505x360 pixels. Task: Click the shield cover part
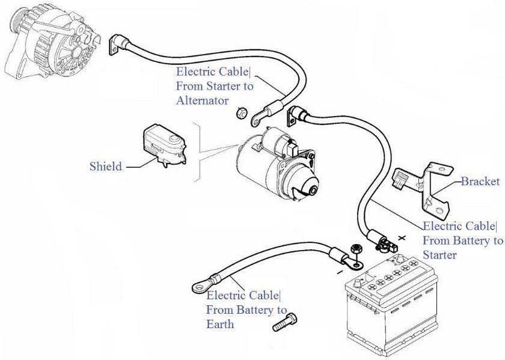coord(165,145)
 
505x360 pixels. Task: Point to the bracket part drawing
coord(423,189)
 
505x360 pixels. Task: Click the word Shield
coord(106,166)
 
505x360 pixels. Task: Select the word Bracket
coord(480,182)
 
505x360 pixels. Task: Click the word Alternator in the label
coord(202,100)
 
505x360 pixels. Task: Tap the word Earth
coord(220,324)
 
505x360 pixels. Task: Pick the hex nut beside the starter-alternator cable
coord(241,113)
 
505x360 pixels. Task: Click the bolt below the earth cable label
coord(285,322)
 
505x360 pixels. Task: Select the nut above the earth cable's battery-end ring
coord(356,249)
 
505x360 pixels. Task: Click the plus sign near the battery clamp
coord(402,238)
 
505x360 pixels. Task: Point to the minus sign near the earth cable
coord(340,272)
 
